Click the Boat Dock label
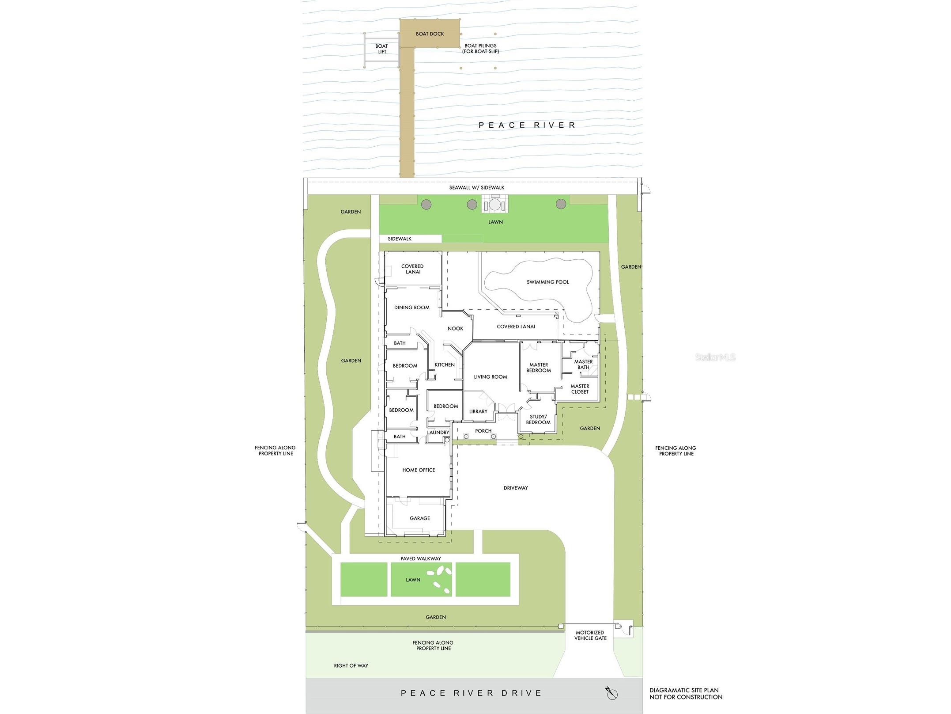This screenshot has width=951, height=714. pos(430,34)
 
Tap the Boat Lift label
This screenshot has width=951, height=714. pos(381,49)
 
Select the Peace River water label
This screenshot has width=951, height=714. pos(527,125)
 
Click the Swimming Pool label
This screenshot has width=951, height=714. pos(547,282)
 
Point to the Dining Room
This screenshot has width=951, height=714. pos(411,308)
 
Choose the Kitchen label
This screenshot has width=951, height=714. pos(445,365)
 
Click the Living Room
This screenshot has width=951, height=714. pos(490,377)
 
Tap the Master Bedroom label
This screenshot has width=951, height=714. pos(539,368)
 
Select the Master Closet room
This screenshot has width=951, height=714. pos(580,389)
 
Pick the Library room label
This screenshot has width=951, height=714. pos(478,411)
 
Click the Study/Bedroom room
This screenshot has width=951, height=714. pos(538,419)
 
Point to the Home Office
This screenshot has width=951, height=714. pos(419,470)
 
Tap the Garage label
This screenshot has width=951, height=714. pos(419,518)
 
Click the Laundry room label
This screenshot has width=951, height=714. pos(438,433)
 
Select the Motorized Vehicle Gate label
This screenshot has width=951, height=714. pos(590,635)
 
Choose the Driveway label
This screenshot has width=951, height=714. pos(516,488)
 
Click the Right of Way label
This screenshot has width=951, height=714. pos(351,665)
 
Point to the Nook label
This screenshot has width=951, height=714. pos(455,328)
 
